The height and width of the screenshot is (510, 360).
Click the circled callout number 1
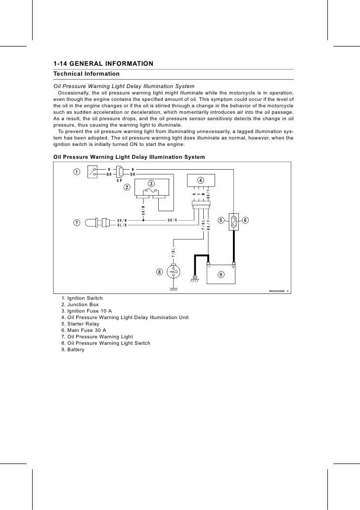(77, 172)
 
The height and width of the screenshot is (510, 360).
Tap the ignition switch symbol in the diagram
(93, 172)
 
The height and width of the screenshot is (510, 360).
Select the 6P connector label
(119, 181)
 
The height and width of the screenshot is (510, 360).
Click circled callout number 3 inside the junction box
(151, 184)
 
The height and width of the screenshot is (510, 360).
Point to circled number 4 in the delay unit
(200, 180)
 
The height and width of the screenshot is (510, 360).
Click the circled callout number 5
(221, 220)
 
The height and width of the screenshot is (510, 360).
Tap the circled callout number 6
(246, 220)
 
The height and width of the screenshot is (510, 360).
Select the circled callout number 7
(77, 223)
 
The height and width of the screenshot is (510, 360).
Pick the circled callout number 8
(159, 271)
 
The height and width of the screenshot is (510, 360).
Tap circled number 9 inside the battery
(221, 274)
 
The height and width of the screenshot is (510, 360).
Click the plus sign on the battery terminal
(232, 267)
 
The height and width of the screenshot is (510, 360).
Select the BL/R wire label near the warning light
(122, 225)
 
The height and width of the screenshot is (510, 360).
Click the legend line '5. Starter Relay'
(81, 324)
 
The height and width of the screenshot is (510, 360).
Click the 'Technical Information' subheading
(86, 74)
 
